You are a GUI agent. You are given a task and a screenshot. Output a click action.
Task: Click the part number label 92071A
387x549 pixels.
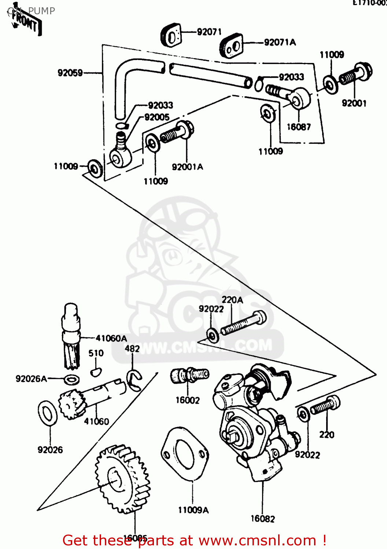[x=280, y=42]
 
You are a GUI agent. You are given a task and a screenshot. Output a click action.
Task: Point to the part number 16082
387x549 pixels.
[x=262, y=519]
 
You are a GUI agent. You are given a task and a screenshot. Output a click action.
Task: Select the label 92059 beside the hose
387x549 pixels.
[x=70, y=73]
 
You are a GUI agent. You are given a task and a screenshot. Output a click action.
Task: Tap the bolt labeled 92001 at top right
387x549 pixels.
[x=355, y=75]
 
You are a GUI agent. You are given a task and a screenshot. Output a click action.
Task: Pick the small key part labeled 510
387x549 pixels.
[x=95, y=372]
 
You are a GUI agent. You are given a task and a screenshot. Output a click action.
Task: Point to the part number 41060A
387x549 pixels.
[x=111, y=338]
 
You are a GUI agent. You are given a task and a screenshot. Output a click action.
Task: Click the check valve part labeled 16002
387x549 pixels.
[x=189, y=375]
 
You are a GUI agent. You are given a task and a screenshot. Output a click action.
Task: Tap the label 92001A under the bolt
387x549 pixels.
[x=187, y=167]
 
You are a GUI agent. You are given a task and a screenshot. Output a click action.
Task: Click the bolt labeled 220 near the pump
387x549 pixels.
[x=325, y=405]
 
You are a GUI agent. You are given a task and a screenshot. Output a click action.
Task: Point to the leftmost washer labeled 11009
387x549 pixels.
[x=95, y=168]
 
